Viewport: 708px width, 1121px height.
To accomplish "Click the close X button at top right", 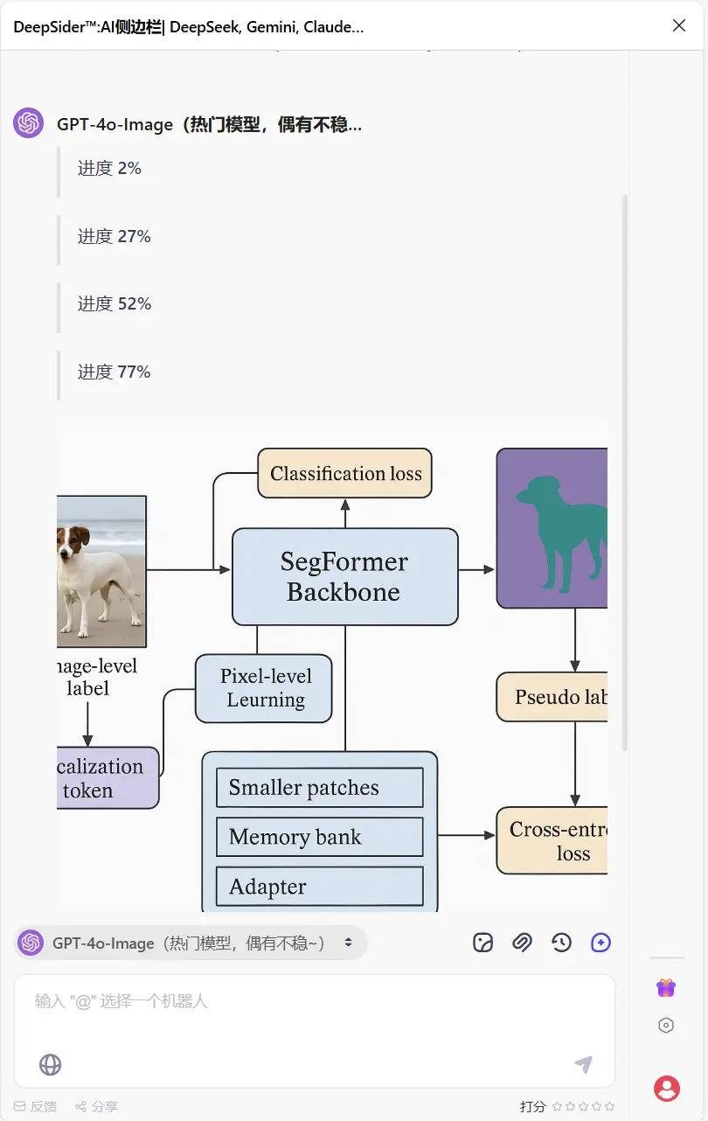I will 679,25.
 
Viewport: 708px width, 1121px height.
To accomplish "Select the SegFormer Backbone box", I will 344,576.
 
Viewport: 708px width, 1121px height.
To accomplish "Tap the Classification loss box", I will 345,474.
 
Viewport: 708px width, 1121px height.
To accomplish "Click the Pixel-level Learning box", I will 264,688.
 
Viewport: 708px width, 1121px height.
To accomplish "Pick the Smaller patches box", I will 320,788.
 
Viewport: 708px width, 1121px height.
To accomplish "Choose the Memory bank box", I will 320,837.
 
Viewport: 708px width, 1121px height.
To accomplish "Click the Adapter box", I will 320,887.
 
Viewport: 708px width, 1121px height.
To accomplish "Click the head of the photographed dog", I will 73,537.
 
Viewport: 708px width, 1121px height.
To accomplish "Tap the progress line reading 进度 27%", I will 115,236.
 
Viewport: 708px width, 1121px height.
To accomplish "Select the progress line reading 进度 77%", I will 115,372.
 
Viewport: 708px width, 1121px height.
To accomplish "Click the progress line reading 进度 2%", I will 109,168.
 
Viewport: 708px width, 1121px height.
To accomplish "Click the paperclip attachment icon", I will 522,942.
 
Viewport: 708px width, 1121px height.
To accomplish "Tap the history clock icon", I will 561,942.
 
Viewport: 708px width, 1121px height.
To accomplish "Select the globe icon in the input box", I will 51,1064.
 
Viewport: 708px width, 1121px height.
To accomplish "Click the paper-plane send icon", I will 583,1064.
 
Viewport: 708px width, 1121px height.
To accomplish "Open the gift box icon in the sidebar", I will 666,987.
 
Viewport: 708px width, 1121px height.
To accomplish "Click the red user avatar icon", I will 667,1088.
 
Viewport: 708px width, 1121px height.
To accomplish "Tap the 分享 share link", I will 97,1106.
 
